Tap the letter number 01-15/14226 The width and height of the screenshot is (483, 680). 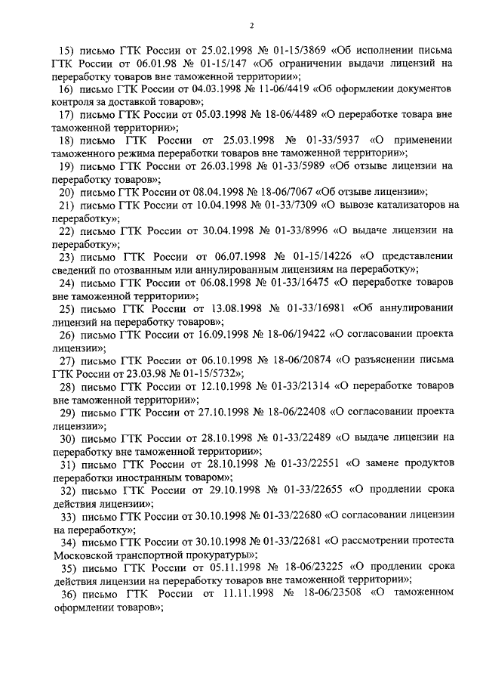click(x=321, y=256)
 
